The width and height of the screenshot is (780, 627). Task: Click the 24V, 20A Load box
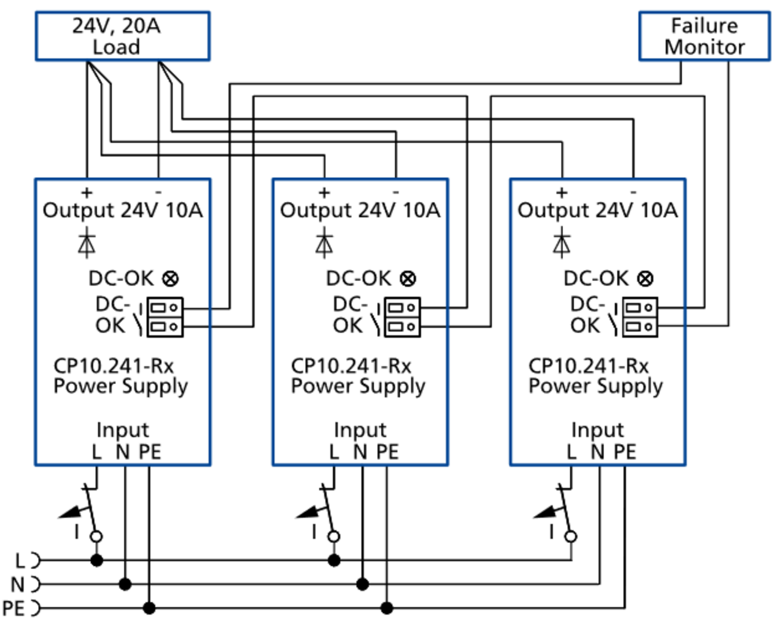pos(123,36)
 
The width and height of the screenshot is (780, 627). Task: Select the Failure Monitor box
pos(704,36)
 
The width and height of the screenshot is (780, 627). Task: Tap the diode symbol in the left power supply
pos(86,243)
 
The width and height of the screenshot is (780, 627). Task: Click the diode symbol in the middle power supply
pos(324,243)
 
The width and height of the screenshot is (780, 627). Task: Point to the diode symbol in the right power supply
pos(562,243)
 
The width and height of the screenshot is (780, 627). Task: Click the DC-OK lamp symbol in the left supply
pos(171,279)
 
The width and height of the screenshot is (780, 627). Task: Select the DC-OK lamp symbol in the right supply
pos(645,279)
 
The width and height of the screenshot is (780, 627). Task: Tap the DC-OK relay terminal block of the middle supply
pos(402,317)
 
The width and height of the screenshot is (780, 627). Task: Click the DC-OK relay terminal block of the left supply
pos(165,317)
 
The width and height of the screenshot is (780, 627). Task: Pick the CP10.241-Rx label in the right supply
pos(589,366)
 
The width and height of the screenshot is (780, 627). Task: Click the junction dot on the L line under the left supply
pos(97,560)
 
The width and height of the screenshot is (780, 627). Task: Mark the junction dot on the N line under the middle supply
pos(362,584)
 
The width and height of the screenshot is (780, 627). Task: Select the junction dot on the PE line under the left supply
pos(149,608)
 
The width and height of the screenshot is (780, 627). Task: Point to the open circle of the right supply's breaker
pos(571,537)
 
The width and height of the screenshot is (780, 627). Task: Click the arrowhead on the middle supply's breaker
pos(307,513)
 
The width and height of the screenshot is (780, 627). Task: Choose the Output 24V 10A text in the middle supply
pos(360,211)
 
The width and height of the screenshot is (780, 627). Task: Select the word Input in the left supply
pos(123,430)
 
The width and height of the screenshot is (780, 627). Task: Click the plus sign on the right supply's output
pos(562,193)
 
